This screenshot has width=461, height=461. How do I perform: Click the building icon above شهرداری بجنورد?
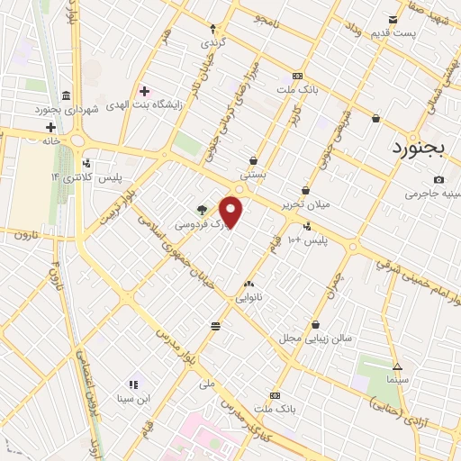[x=67, y=95]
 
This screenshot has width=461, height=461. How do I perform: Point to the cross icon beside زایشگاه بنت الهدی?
[x=144, y=91]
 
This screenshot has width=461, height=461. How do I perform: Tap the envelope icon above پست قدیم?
[x=393, y=20]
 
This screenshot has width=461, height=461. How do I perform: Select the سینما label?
[x=397, y=380]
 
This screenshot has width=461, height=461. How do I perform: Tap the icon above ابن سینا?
[x=133, y=384]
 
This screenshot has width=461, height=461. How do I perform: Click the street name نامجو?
[x=268, y=18]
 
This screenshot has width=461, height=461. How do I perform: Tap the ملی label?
[x=208, y=384]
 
